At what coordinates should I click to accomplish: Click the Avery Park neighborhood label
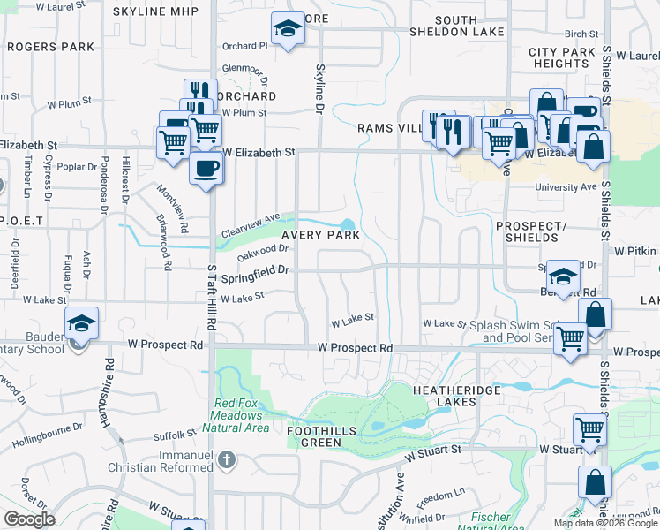click(320, 235)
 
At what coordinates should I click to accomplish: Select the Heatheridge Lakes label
click(456, 396)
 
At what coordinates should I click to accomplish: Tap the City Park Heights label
click(563, 58)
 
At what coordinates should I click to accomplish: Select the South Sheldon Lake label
click(455, 26)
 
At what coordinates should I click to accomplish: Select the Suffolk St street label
click(173, 435)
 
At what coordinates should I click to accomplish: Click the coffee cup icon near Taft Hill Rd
click(206, 168)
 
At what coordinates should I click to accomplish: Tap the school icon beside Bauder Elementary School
click(81, 324)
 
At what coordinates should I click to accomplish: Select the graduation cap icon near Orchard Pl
click(287, 30)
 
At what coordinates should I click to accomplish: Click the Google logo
click(29, 519)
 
